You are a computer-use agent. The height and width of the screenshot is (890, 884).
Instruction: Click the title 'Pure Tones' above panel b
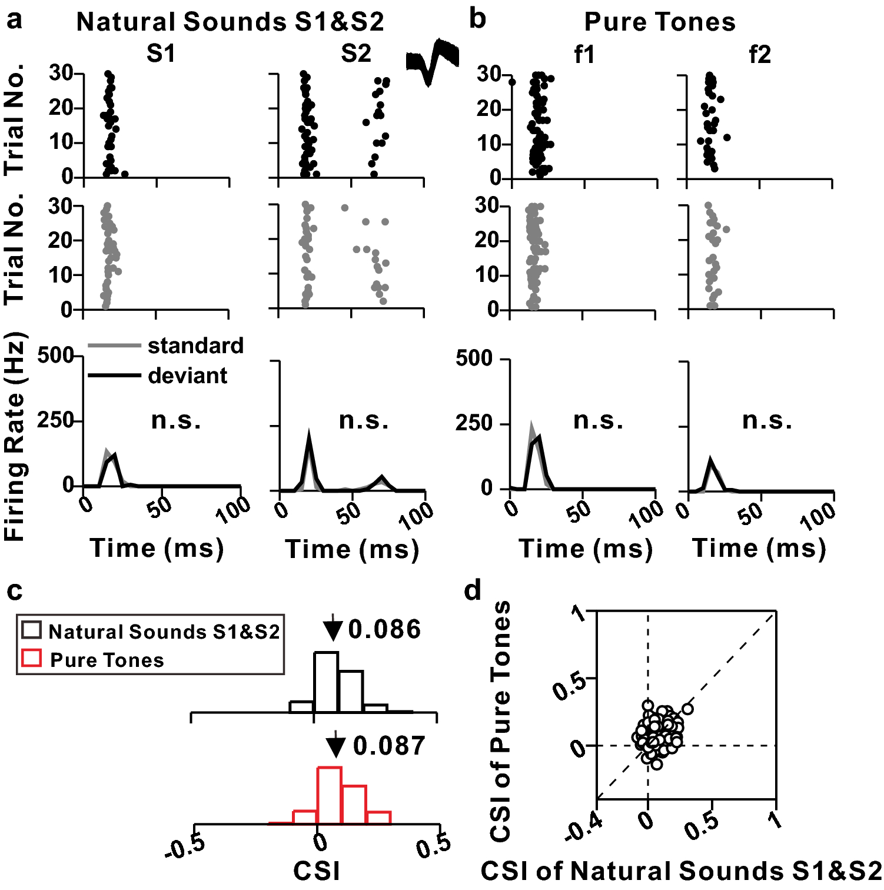[659, 22]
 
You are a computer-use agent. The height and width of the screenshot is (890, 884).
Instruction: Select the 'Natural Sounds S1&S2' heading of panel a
[230, 22]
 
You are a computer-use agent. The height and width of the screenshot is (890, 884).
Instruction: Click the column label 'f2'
[759, 55]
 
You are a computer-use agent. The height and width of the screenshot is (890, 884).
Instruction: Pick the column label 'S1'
[161, 54]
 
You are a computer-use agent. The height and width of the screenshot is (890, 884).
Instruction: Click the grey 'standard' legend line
[114, 346]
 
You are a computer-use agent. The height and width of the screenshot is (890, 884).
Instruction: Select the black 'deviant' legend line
[114, 376]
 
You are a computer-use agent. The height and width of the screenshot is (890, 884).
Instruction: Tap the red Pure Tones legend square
[31, 658]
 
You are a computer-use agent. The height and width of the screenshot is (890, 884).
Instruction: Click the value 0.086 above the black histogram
[384, 630]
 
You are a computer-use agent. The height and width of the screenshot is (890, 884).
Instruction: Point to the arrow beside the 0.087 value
[335, 745]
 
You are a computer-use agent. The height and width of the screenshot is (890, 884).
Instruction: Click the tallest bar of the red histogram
[329, 795]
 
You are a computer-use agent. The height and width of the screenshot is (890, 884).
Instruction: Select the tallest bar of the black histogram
[326, 682]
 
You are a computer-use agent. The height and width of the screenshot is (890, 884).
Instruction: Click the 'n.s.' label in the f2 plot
[767, 420]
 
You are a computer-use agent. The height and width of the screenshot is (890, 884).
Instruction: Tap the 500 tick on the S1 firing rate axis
[55, 356]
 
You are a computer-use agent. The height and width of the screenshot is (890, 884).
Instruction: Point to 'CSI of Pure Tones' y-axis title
[500, 721]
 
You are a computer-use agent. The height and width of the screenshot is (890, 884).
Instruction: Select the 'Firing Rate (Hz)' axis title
[15, 437]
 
